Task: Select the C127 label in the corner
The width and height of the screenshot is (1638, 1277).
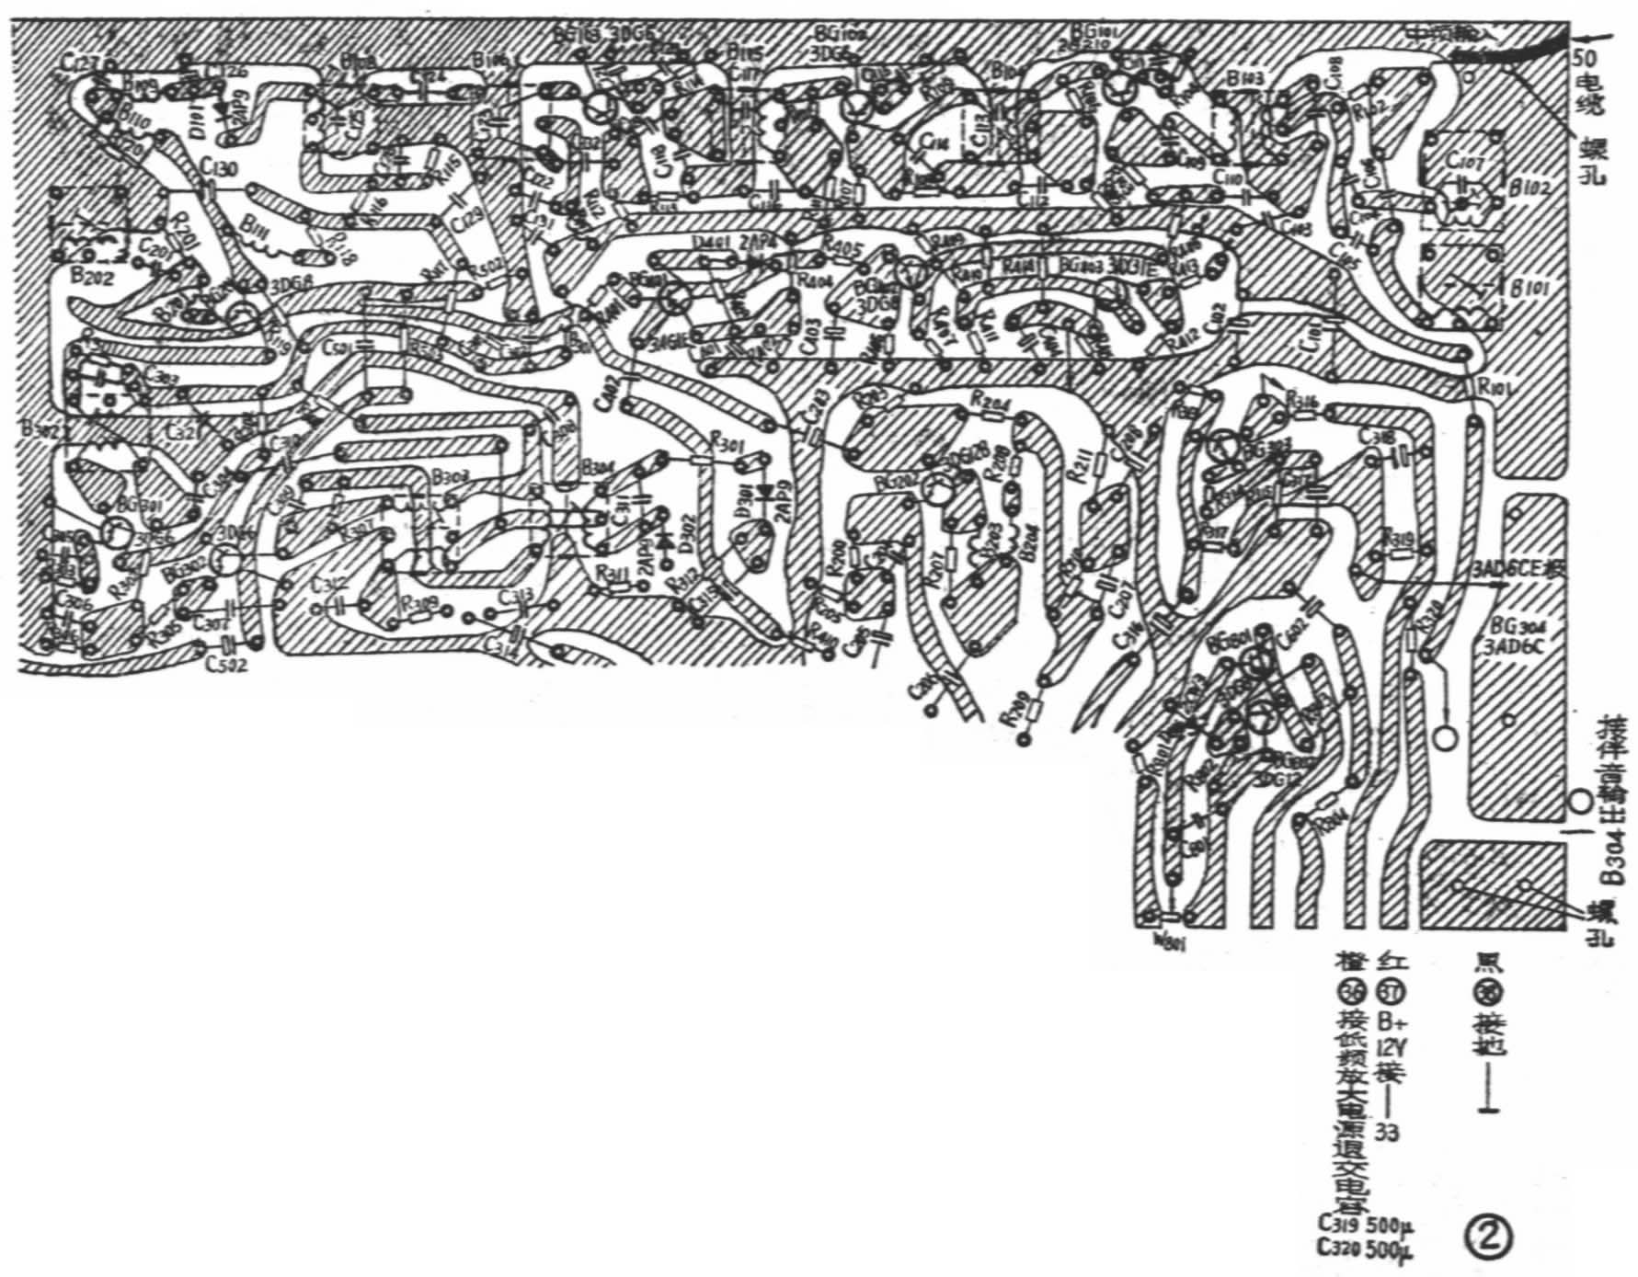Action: [x=81, y=60]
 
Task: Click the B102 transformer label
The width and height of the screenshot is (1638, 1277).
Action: [x=1530, y=189]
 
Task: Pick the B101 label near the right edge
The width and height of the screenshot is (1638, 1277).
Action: [x=1530, y=289]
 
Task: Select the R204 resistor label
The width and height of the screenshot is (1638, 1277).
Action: [x=989, y=402]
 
